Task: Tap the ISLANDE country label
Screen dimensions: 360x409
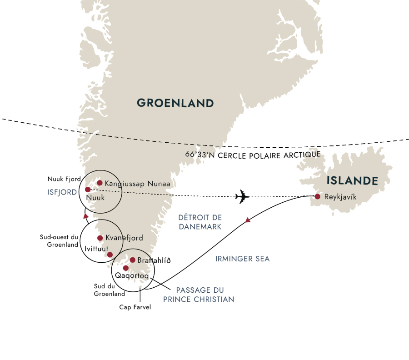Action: point(352,181)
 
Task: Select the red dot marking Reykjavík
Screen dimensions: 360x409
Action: point(317,197)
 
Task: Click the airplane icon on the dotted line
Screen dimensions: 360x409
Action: point(243,197)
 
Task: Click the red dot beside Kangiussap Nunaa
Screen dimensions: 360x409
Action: point(100,183)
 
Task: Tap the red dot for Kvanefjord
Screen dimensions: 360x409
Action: point(100,238)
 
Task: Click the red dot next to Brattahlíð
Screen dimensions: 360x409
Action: point(132,260)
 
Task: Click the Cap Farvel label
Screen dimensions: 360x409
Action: point(135,307)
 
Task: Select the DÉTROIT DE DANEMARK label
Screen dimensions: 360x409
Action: point(200,222)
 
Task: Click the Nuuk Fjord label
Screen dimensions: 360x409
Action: point(64,180)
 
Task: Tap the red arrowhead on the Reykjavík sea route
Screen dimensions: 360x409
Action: point(248,220)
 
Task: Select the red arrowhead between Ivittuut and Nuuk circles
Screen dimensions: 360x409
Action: point(86,216)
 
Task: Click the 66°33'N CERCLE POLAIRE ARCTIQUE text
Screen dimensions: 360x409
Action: point(253,155)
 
